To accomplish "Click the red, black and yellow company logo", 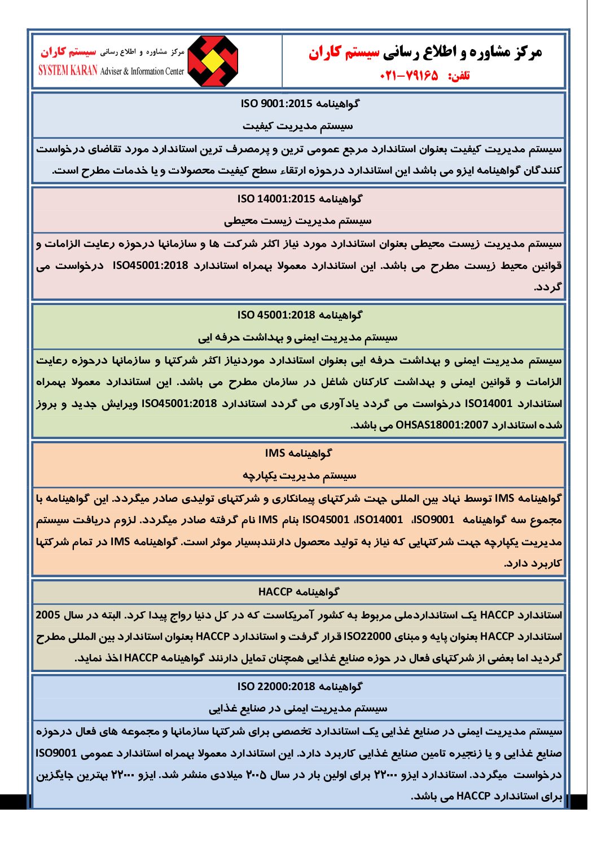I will click(212, 61).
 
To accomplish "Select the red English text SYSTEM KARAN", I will click(68, 70).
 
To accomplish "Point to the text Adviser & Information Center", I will click(142, 71).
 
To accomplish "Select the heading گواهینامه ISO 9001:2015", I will click(300, 104).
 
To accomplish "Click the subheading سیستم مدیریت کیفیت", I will click(298, 126).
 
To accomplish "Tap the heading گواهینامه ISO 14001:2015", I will click(300, 199).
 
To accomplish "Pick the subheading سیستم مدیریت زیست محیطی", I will click(298, 221).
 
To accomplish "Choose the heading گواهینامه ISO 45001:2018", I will click(300, 315).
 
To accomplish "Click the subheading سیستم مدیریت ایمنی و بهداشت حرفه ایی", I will click(298, 338).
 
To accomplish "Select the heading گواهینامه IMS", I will click(298, 453).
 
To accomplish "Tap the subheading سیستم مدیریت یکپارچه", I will click(299, 475).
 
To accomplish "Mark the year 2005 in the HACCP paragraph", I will click(48, 615).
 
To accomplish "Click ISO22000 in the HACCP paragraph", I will click(367, 637).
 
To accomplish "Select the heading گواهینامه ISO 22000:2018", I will click(300, 687).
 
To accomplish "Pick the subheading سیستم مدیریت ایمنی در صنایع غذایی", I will click(298, 709).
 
